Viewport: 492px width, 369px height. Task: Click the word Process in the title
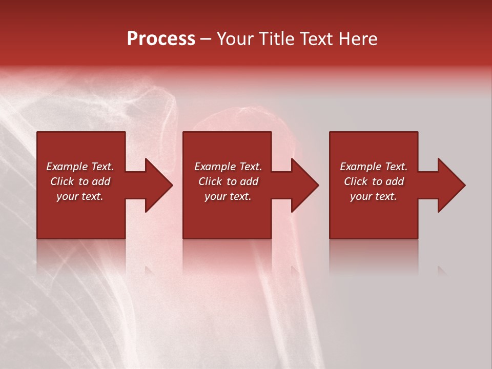[161, 39]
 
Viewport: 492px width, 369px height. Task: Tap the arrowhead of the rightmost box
[450, 185]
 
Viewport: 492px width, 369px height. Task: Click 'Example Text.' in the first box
[80, 167]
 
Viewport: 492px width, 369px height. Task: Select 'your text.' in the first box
[80, 196]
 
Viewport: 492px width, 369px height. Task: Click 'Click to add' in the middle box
[228, 181]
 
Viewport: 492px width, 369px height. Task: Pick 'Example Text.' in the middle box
[228, 167]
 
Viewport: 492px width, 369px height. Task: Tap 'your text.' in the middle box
[228, 196]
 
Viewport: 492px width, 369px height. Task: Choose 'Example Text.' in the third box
[374, 167]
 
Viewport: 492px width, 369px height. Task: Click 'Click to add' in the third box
[374, 181]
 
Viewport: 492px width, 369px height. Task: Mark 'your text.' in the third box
[374, 196]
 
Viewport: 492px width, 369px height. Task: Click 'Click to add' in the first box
[80, 181]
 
